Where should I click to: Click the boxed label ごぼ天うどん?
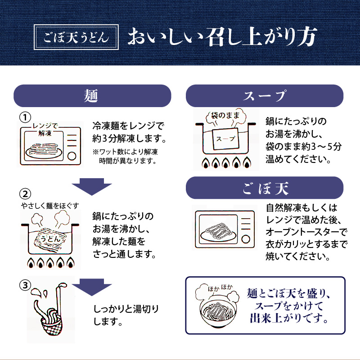pos(77,38)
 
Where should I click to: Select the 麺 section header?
pos(91,95)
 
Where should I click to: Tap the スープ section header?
pos(265,95)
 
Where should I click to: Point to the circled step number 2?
pos(26,194)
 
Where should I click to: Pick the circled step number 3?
pos(26,285)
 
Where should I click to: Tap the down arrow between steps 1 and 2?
pos(92,186)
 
